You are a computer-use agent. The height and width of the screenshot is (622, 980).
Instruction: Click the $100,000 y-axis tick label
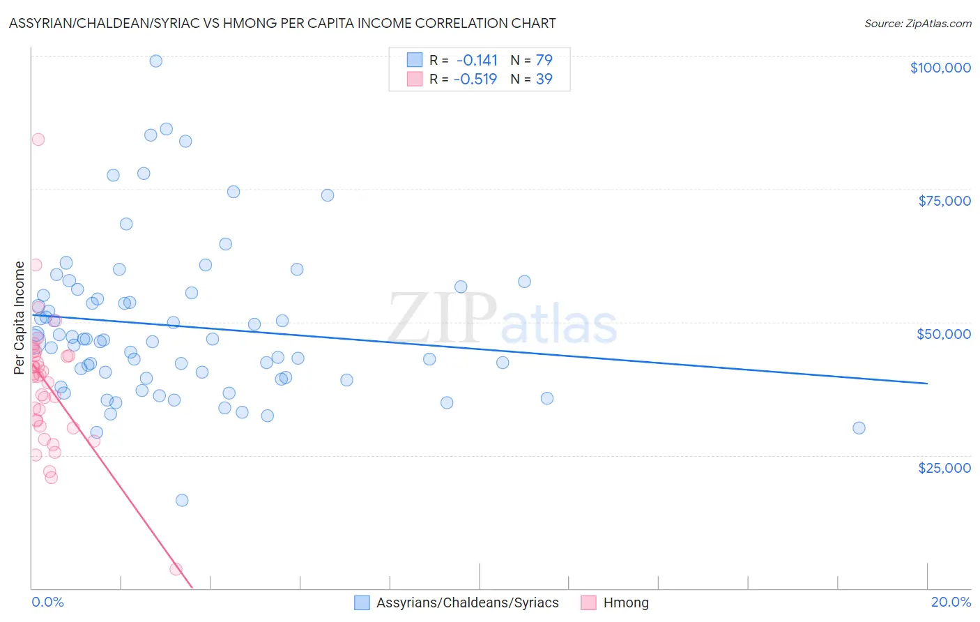tap(940, 68)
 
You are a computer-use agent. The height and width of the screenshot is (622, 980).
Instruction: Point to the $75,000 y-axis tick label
tap(944, 201)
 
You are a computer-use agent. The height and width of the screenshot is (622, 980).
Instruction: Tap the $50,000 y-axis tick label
tap(944, 334)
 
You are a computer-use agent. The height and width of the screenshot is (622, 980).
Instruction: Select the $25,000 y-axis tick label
tap(944, 467)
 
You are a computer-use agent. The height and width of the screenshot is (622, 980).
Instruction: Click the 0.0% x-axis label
tap(47, 602)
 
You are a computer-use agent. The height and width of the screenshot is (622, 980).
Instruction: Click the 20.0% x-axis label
tap(951, 602)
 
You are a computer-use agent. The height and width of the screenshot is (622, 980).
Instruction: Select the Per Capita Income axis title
tap(19, 317)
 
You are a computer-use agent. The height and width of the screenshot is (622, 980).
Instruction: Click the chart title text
tap(282, 23)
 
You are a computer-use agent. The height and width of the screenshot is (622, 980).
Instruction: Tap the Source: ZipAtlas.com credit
tap(917, 23)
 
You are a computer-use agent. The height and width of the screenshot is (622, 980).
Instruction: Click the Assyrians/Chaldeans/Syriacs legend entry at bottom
tap(467, 602)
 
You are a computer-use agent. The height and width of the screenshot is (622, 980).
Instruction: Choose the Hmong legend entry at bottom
tap(625, 602)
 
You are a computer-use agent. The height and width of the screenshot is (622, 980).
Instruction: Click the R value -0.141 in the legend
tap(477, 60)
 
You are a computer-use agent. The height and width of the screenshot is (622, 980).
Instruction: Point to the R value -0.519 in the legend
tap(475, 79)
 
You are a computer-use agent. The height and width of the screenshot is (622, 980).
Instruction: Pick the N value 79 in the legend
tap(544, 60)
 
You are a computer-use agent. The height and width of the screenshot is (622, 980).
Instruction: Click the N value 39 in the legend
tap(544, 79)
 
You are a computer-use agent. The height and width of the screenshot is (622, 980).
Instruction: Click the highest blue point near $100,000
tap(156, 61)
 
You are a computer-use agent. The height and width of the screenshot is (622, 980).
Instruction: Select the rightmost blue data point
tap(859, 428)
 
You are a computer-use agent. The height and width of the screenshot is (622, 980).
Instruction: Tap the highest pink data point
tap(38, 139)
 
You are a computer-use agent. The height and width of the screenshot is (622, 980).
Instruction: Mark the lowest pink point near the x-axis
tap(176, 569)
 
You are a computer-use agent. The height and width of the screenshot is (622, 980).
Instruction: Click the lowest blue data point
tap(182, 500)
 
